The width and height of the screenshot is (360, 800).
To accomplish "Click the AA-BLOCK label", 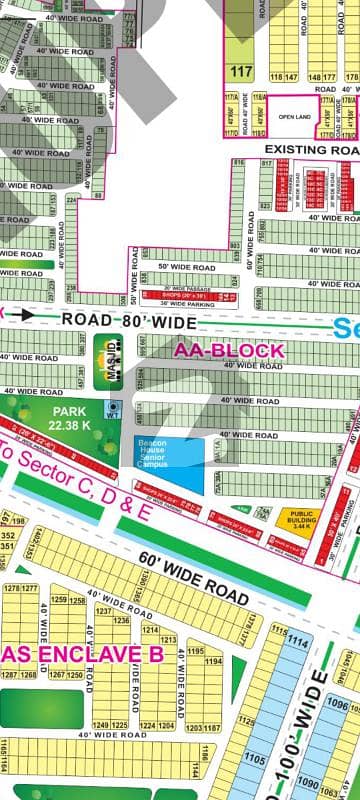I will (x=229, y=351).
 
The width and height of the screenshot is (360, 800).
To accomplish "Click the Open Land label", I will (x=296, y=114).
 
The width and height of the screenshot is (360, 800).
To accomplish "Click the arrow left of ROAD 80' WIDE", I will (x=29, y=314).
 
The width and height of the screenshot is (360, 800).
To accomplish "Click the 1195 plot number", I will (x=196, y=651).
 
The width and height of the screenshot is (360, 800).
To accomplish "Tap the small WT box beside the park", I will (x=113, y=408).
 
